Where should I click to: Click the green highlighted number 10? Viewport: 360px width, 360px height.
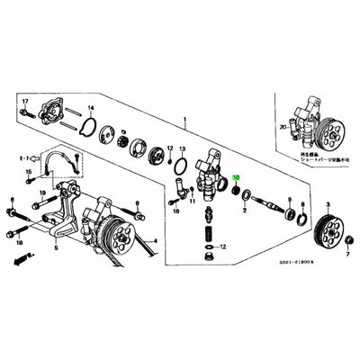point(237,179)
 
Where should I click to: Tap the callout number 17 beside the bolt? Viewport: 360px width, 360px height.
point(25,101)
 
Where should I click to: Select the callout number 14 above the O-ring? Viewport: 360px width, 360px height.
point(90,106)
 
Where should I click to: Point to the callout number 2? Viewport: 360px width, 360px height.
point(244,209)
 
